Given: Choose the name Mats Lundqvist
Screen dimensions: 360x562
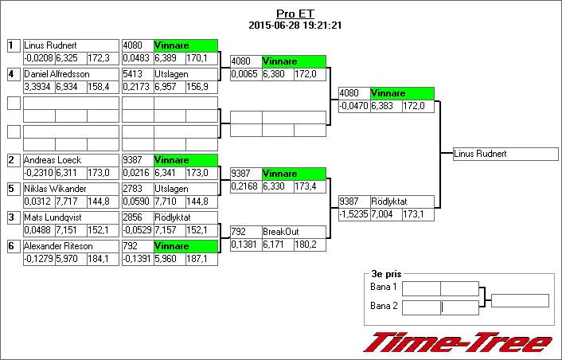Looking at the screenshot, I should coord(53,217).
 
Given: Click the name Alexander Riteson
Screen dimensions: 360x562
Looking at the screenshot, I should coord(57,246).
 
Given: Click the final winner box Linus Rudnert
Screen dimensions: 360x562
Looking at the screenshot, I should coord(505,154).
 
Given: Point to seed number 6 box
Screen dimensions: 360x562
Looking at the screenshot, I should coord(13,246).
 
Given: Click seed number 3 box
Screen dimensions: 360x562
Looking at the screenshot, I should coord(13,217).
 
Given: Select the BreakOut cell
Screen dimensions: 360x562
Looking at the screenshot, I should coord(294,232).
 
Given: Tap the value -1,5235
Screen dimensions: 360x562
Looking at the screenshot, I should coord(353,215).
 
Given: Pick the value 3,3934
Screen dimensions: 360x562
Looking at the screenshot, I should coord(38,87).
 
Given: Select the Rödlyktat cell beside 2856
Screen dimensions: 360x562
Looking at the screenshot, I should coord(185,217).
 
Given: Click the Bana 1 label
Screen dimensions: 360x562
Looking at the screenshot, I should coord(384,287).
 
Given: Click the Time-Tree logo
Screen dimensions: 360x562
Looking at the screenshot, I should coord(458,341).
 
